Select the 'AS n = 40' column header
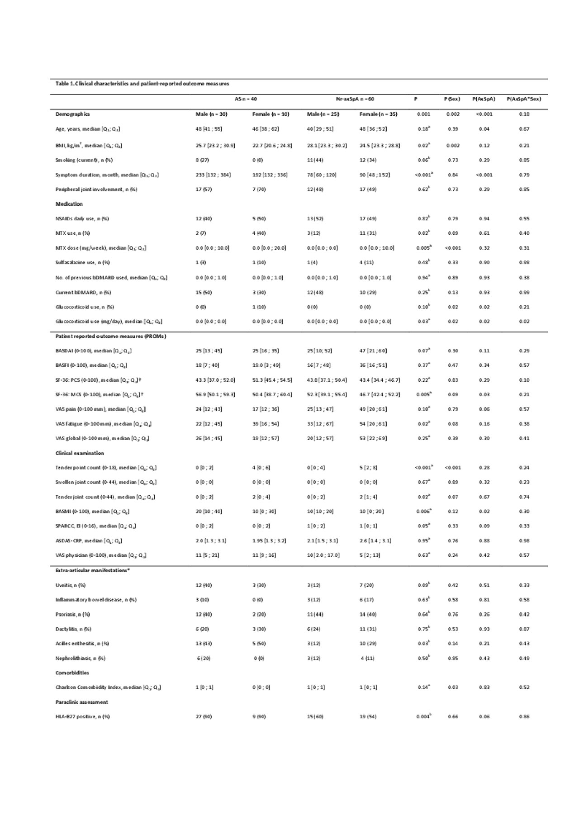coord(246,99)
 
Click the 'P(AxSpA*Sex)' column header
coord(524,99)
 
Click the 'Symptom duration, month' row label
coord(107,175)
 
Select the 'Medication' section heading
coord(69,204)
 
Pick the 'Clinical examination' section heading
coord(80,453)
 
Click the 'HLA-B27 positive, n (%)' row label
coord(82,716)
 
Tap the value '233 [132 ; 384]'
coord(213,175)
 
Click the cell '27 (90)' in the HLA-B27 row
coord(204,716)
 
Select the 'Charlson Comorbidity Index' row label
coord(108,687)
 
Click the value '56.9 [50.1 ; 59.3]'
coord(215,394)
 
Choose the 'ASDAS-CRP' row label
coord(89,541)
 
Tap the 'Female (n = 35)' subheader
coord(378,114)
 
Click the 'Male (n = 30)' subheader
coord(211,114)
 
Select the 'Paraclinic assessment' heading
coord(81,702)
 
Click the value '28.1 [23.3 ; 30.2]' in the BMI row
coord(327,146)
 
